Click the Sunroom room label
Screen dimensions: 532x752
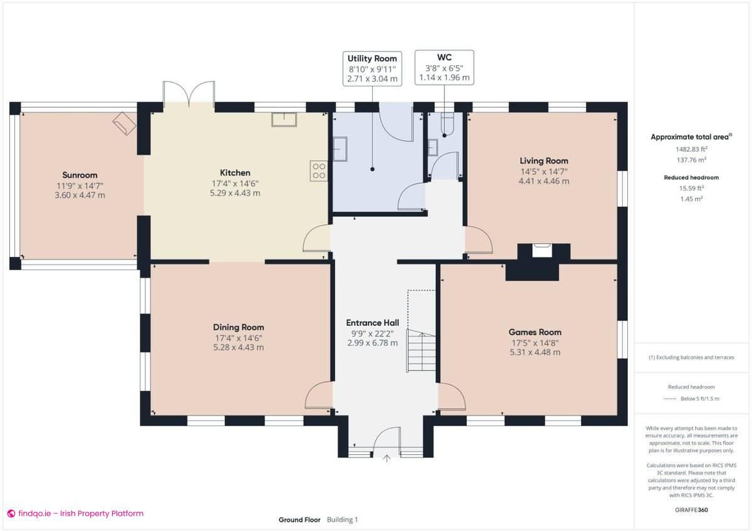click(x=80, y=175)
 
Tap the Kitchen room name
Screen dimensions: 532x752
click(x=235, y=173)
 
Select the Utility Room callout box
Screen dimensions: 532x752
click(x=372, y=68)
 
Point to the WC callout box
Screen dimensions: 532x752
click(x=444, y=67)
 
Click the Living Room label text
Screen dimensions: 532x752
click(x=544, y=161)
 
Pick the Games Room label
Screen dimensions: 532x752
click(x=535, y=332)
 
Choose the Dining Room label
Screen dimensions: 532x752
click(x=238, y=327)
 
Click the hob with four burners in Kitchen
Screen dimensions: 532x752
click(x=318, y=171)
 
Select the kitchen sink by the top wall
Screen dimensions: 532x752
click(x=285, y=119)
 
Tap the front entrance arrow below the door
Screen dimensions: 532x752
click(x=387, y=459)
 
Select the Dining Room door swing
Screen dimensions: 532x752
click(x=320, y=397)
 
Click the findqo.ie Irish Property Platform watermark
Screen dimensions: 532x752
click(x=75, y=513)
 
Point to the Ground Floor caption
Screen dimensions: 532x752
click(x=300, y=519)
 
